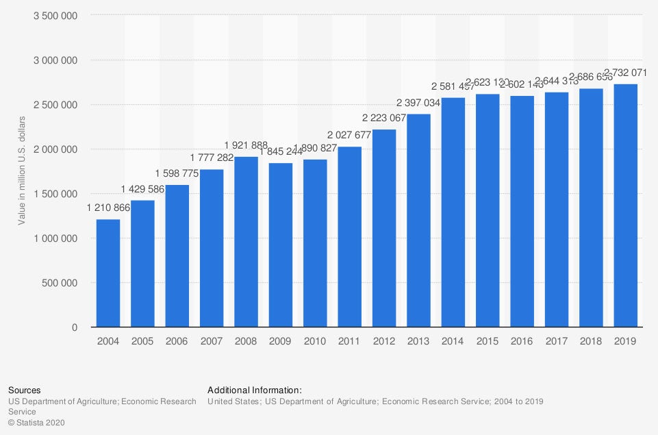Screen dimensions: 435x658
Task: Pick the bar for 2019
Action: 625,206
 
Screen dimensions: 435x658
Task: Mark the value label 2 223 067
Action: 384,117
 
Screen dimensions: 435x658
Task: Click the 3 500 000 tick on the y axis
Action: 55,16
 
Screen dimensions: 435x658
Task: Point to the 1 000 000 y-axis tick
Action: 55,238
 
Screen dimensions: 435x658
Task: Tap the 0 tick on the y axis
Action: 75,327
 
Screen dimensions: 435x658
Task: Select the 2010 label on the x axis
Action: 315,340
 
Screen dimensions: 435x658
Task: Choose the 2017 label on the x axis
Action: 557,340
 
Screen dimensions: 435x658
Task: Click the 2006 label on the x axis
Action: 177,340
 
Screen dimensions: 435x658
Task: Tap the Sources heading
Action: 24,390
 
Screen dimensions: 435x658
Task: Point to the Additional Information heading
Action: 254,390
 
